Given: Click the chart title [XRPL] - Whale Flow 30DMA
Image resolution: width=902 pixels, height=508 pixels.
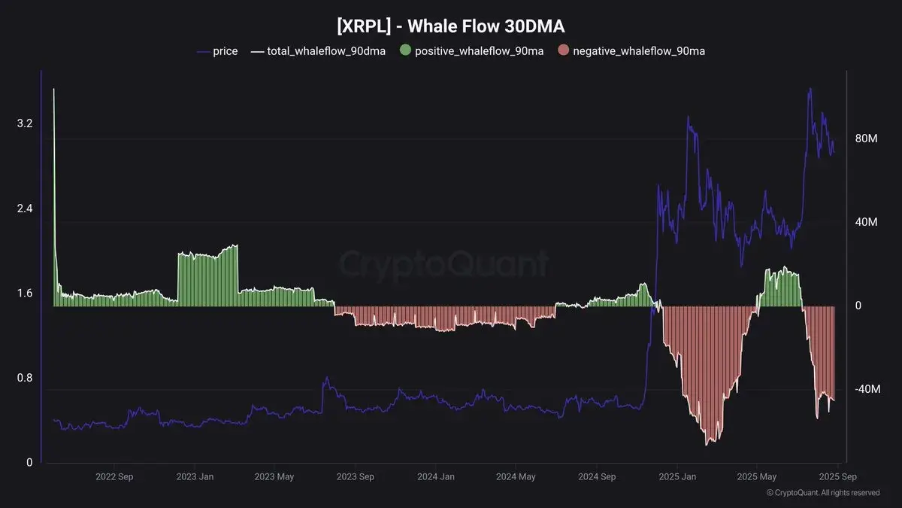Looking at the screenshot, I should click(x=450, y=26).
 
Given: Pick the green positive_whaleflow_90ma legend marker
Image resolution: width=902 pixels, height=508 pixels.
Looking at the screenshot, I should click(x=406, y=51).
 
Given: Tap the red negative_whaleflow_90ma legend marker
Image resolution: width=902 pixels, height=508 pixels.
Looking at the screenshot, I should click(x=564, y=51).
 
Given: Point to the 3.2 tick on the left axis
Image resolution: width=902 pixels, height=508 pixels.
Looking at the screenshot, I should click(x=25, y=123).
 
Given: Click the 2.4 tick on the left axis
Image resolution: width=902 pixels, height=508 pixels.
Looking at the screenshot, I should click(x=25, y=208).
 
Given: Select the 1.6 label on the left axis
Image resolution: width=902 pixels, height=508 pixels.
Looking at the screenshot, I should click(x=25, y=293).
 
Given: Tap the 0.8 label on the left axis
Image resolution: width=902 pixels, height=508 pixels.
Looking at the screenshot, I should click(x=25, y=378).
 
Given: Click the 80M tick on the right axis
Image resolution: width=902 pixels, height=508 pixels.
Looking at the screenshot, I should click(x=867, y=139).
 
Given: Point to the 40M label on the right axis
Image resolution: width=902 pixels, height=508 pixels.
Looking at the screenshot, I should click(x=867, y=223).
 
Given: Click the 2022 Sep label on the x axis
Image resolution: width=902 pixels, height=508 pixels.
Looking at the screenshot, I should click(x=115, y=476).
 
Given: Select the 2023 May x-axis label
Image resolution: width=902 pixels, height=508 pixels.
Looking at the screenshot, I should click(x=274, y=476).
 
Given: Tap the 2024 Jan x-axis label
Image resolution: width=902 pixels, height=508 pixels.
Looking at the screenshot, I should click(x=436, y=476).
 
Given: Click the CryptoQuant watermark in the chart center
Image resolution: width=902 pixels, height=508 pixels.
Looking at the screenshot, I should click(x=443, y=265).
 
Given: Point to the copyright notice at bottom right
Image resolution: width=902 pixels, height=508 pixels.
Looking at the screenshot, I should click(x=822, y=493).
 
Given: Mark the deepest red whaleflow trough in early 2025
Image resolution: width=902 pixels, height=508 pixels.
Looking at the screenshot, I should click(x=707, y=443).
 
